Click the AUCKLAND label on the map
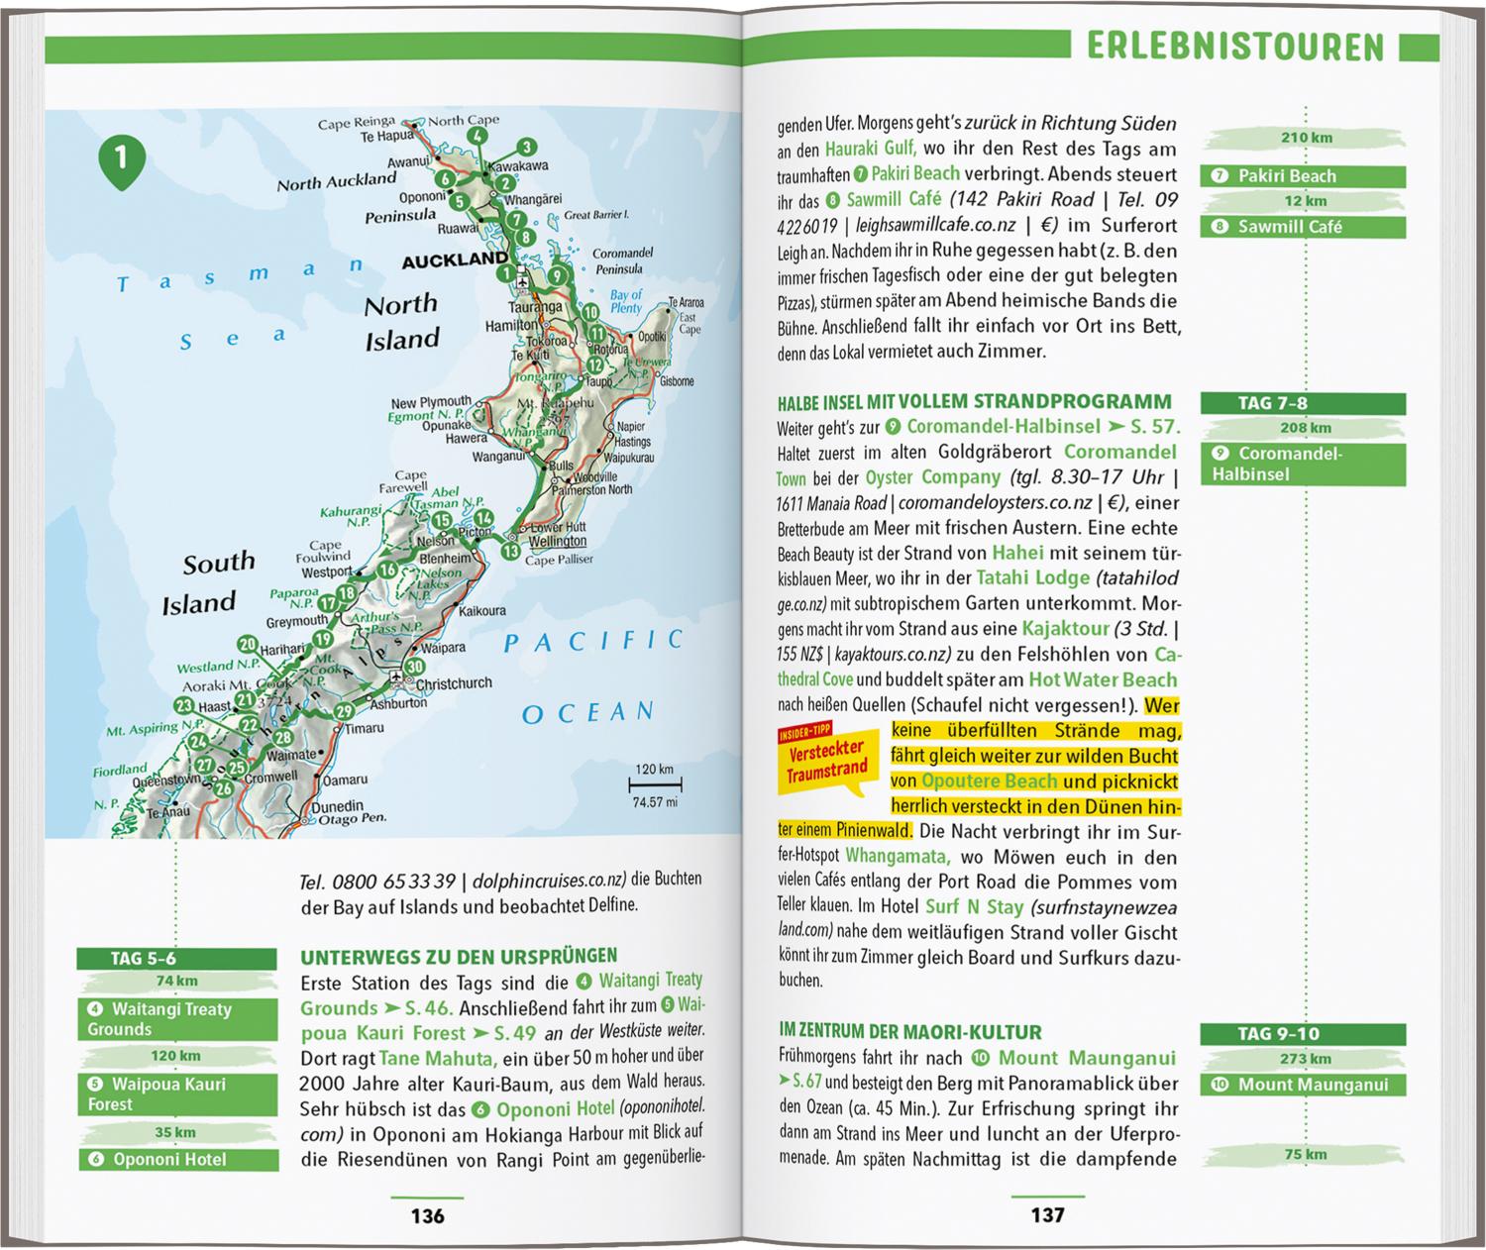pos(454,260)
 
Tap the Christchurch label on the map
pos(454,683)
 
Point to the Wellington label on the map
pos(558,542)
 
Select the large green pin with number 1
pos(122,158)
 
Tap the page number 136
pos(427,1215)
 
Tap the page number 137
pos(1047,1215)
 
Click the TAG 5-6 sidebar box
pos(176,958)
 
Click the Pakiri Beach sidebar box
pos(1302,176)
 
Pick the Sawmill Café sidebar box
pos(1302,227)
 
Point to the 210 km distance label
pos(1306,138)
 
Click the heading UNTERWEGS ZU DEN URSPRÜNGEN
pos(459,956)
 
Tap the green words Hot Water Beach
pos(1103,679)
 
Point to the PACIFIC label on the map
pos(593,642)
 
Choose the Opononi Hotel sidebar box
pos(176,1159)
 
